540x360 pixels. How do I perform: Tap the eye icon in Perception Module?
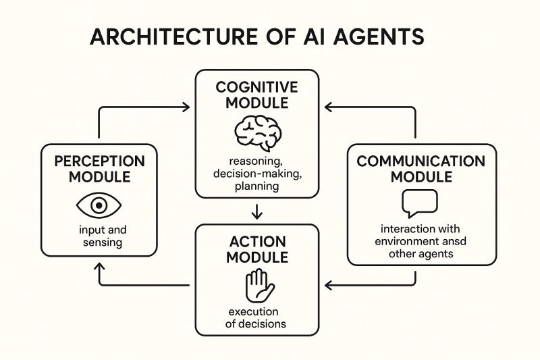point(100,205)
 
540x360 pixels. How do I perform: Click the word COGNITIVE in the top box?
point(256,88)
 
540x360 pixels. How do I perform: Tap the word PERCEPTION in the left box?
point(100,162)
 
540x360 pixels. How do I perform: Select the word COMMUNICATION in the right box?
point(421,161)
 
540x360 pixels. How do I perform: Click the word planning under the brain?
point(256,186)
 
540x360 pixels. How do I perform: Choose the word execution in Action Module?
point(256,311)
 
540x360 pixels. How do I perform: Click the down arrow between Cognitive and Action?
point(256,213)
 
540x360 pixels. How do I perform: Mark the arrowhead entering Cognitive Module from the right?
point(327,106)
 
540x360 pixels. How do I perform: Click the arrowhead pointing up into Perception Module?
point(100,269)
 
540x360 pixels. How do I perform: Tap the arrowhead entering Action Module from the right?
point(327,285)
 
